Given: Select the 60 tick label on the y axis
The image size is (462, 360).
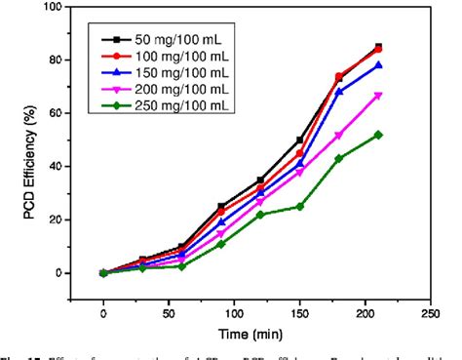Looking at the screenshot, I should point(59,113).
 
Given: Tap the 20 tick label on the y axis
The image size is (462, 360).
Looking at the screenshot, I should point(59,220).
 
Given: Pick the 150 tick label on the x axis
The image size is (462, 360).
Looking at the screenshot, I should point(295,314).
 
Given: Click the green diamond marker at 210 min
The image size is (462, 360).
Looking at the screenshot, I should point(378,135).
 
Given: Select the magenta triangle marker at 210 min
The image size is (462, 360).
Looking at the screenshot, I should point(378,96).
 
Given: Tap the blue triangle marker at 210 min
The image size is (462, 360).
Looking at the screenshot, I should point(378,65).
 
